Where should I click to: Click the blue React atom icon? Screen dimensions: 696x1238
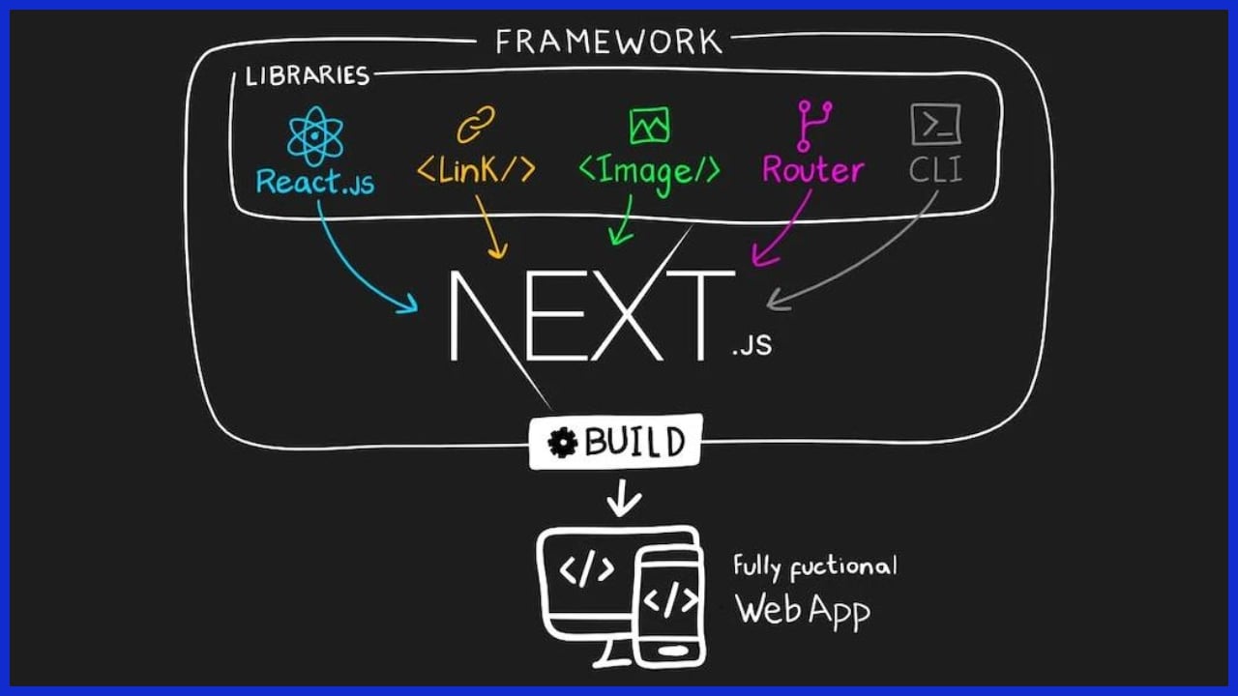[x=315, y=136]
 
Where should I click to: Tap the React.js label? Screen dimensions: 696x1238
[x=315, y=181]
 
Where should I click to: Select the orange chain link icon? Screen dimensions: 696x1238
[x=475, y=125]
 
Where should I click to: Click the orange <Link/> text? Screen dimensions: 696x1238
[x=476, y=171]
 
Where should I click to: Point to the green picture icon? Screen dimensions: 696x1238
[x=649, y=126]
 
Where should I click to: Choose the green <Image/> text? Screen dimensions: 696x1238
[x=649, y=171]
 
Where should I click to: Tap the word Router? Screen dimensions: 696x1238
[x=812, y=171]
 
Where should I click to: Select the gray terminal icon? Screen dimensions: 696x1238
[x=935, y=125]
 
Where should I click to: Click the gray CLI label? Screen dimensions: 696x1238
[x=935, y=171]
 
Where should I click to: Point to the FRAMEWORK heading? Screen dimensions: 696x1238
[x=609, y=42]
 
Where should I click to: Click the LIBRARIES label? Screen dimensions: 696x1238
[x=308, y=76]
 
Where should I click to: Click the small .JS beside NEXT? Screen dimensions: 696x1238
[x=752, y=345]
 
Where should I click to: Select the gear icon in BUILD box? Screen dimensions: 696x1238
[x=562, y=443]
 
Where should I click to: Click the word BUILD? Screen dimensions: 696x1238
[x=634, y=443]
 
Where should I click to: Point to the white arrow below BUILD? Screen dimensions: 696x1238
[x=623, y=500]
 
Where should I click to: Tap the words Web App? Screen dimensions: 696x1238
[x=802, y=611]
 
